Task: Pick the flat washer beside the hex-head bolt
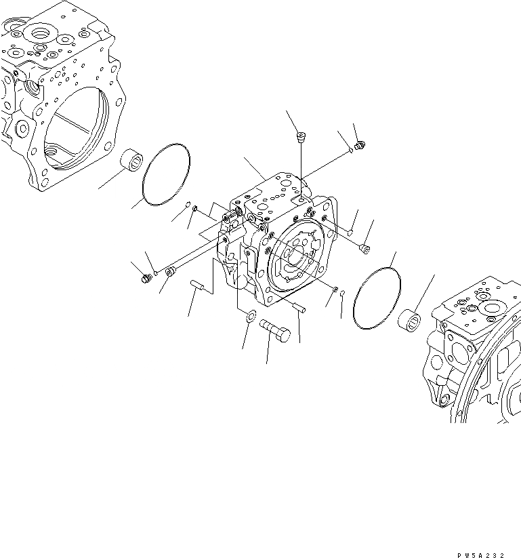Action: click(249, 315)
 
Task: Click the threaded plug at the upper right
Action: click(360, 144)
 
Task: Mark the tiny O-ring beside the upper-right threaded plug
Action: click(350, 150)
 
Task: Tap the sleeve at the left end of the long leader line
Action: click(170, 273)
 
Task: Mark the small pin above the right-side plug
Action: click(351, 233)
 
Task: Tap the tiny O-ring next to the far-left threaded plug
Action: click(155, 274)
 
